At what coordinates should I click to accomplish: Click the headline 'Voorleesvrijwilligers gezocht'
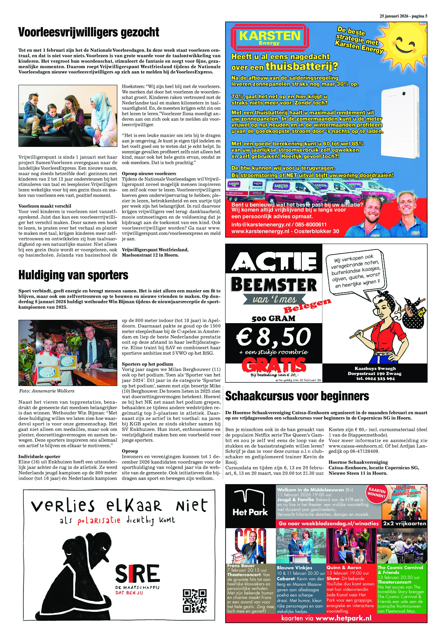[89, 32]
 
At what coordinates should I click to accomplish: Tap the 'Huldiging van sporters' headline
[73, 275]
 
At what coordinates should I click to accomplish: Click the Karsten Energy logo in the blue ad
[269, 37]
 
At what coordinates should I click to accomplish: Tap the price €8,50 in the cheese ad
[274, 337]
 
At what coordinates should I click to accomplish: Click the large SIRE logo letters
[138, 574]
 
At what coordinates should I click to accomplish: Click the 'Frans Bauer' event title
[241, 566]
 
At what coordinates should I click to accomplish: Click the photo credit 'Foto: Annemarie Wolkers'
[47, 391]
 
